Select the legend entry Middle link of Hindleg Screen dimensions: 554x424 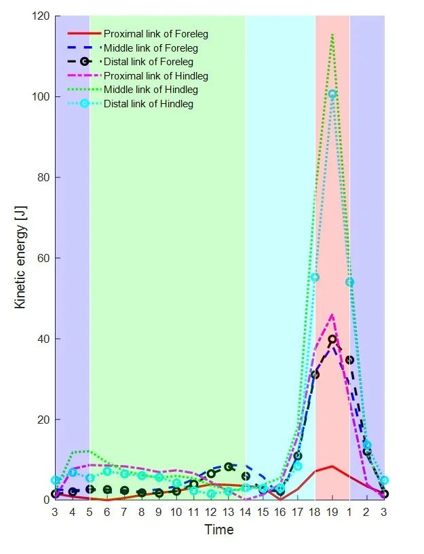[x=151, y=90]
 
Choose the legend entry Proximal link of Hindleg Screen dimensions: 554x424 [x=155, y=75]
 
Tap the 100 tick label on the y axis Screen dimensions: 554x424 [x=39, y=96]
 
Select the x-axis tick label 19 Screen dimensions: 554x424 [x=332, y=511]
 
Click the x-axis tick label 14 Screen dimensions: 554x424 [x=246, y=511]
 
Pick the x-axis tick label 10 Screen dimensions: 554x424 [x=176, y=511]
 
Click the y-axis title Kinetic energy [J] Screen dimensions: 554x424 [x=21, y=259]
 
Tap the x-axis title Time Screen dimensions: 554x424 [x=219, y=530]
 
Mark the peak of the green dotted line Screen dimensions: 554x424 [x=332, y=33]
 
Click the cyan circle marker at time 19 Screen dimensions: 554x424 [x=332, y=94]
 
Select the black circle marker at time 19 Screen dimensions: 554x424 [x=332, y=339]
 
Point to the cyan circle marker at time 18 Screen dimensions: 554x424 [x=315, y=277]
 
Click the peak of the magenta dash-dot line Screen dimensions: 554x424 [x=332, y=314]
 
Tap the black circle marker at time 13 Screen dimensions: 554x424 [x=229, y=467]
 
